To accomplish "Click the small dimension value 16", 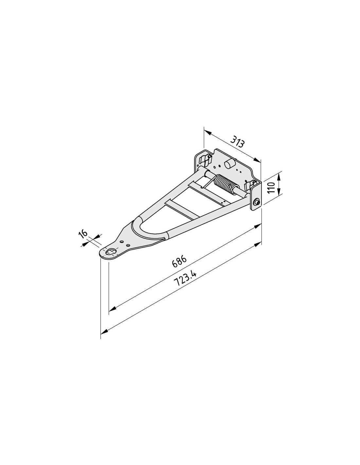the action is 83,234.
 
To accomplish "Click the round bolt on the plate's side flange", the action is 257,202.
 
